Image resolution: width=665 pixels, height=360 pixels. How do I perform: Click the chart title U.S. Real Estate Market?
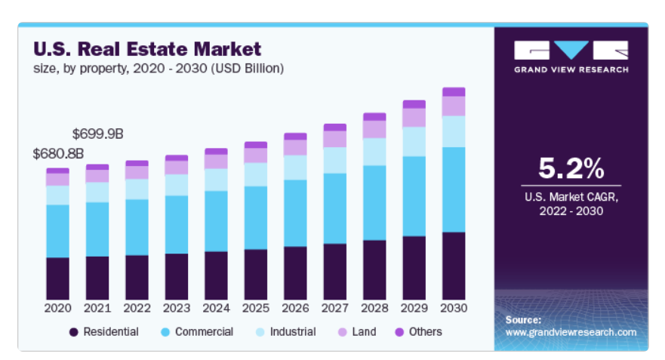[x=147, y=50]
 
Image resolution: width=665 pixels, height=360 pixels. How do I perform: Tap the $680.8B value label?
[x=57, y=153]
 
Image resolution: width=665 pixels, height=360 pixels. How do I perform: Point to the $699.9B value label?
[x=97, y=134]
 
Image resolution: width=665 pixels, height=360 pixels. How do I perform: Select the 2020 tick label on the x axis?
[x=57, y=308]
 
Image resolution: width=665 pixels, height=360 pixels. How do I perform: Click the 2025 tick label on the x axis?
[x=255, y=308]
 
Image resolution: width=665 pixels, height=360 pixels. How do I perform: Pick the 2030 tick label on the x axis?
[x=454, y=308]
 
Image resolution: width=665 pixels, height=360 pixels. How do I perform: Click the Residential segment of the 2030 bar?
[x=454, y=266]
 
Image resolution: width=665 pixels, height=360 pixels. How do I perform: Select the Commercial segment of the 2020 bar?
[x=57, y=231]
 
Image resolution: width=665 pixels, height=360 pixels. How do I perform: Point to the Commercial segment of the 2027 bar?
[x=334, y=208]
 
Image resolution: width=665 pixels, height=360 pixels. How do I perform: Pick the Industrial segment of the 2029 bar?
[x=414, y=142]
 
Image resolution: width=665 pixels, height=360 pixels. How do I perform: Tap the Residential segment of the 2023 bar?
[x=176, y=276]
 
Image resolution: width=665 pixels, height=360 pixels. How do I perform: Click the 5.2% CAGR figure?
[x=571, y=168]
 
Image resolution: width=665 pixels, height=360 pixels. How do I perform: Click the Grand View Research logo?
[x=571, y=57]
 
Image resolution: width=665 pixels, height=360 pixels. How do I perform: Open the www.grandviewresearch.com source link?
[x=571, y=332]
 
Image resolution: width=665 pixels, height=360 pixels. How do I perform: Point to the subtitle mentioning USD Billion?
[x=159, y=69]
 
